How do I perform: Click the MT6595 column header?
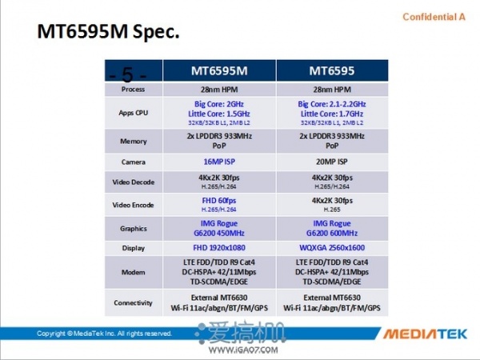click(x=332, y=70)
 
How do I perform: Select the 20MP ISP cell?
click(x=332, y=162)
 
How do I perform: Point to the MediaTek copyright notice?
click(x=104, y=333)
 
